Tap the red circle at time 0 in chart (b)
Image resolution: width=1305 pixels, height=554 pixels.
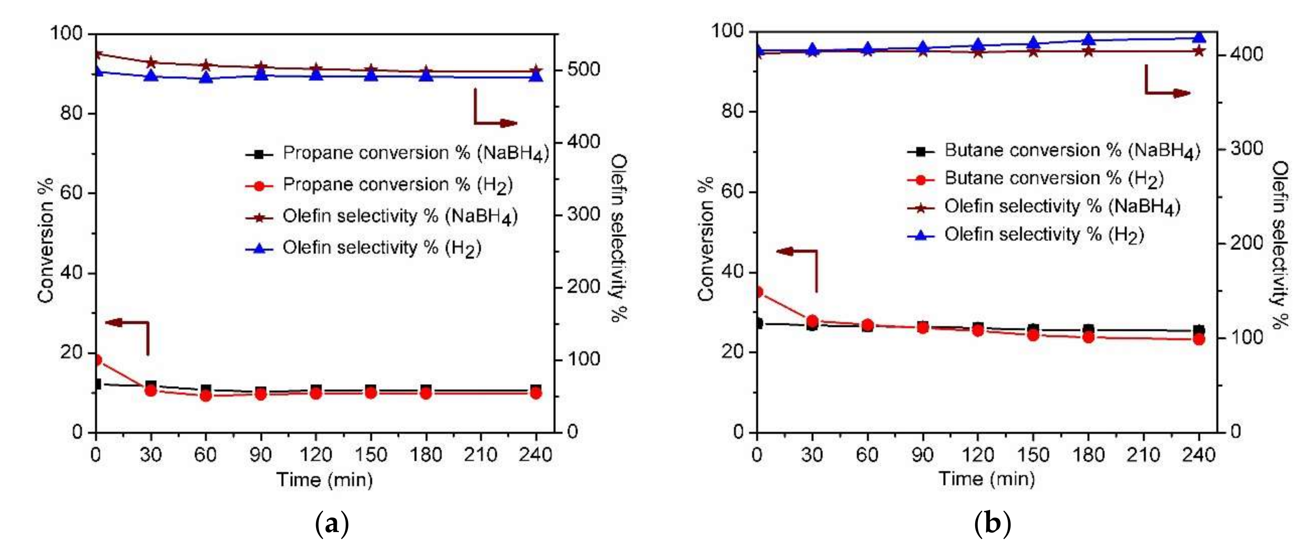pyautogui.click(x=758, y=292)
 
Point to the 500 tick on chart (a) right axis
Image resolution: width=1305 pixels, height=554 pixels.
pyautogui.click(x=583, y=69)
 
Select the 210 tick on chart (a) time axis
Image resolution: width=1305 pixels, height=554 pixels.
pyautogui.click(x=480, y=455)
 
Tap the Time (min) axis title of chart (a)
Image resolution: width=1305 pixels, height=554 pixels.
pyautogui.click(x=324, y=479)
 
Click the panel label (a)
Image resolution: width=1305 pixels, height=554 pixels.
pyautogui.click(x=332, y=524)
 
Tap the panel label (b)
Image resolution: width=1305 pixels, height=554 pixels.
pyautogui.click(x=992, y=524)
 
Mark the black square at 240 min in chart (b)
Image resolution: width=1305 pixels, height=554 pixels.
pyautogui.click(x=1199, y=330)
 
